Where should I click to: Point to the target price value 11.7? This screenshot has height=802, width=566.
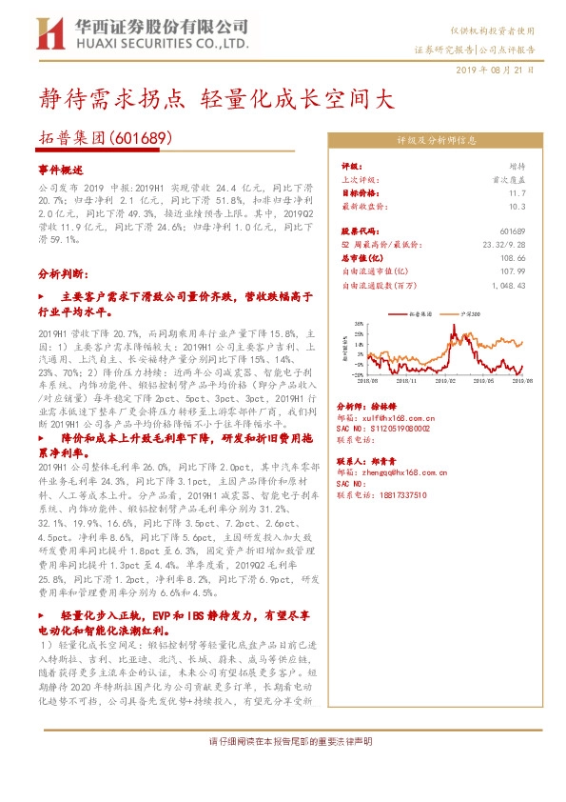click(517, 193)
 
